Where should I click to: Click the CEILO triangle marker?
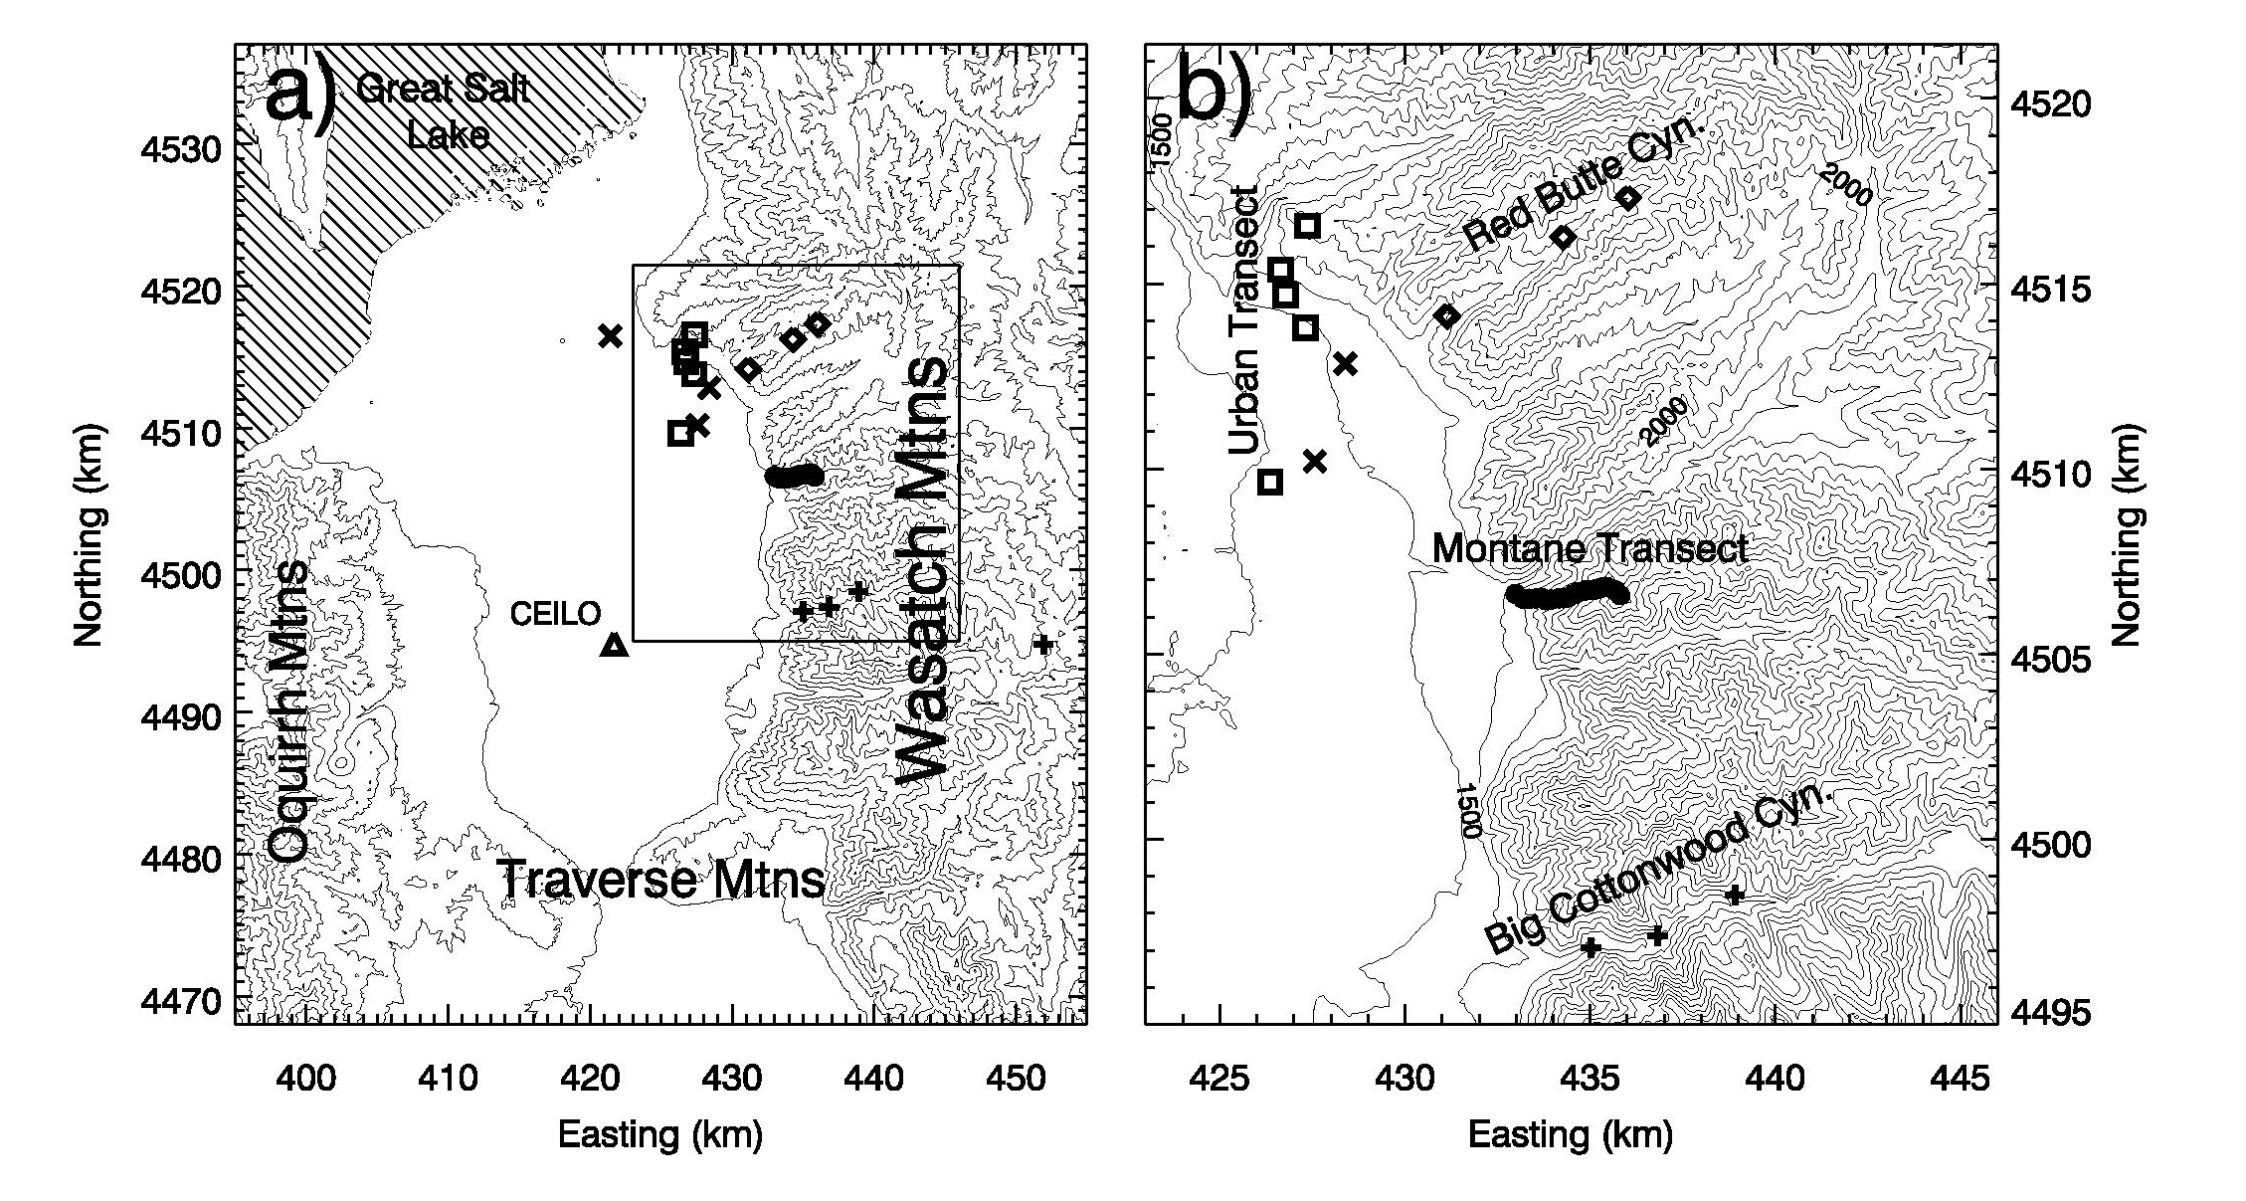coord(616,645)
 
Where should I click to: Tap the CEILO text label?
coord(556,614)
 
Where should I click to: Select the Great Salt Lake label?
coord(444,111)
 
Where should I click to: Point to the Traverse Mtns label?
coord(661,880)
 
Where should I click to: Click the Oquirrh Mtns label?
coord(288,713)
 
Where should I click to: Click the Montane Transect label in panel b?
coord(1590,549)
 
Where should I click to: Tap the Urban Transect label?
coord(1244,320)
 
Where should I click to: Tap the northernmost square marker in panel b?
coord(1308,226)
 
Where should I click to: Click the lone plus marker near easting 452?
coord(1042,644)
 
